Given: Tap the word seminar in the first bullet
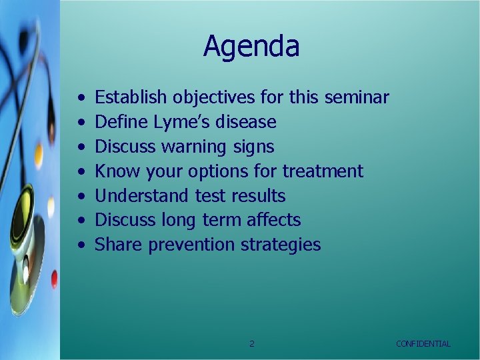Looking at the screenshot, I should click(x=357, y=97).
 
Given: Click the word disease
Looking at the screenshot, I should click(x=246, y=122).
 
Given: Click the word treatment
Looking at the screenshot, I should click(x=323, y=171).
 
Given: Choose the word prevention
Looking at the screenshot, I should click(x=191, y=245).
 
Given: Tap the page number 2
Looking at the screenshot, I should click(x=251, y=344).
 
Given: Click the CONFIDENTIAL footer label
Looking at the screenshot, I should click(x=423, y=344).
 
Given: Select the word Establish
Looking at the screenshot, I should click(x=131, y=97).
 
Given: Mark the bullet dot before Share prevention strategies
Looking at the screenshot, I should click(x=80, y=245).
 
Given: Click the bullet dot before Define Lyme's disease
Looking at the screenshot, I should click(x=80, y=123).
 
